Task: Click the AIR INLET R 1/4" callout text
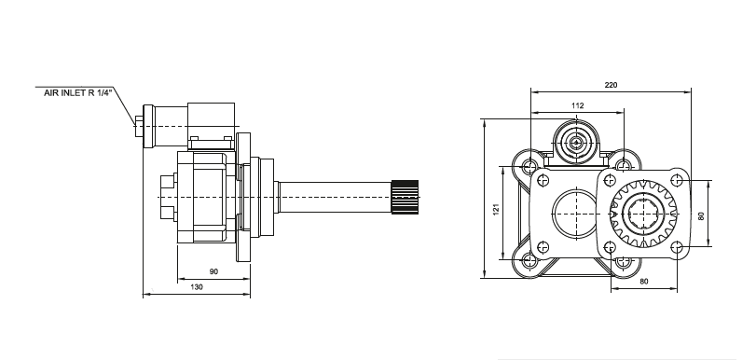tap(78, 92)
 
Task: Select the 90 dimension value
tap(213, 271)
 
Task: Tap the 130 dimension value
tap(197, 286)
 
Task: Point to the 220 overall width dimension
tap(611, 85)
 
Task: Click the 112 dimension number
tap(578, 105)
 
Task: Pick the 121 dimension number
tap(496, 210)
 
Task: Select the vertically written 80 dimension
tap(701, 215)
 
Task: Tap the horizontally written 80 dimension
tap(644, 282)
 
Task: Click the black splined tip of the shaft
tap(405, 197)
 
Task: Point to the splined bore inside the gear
tap(643, 214)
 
